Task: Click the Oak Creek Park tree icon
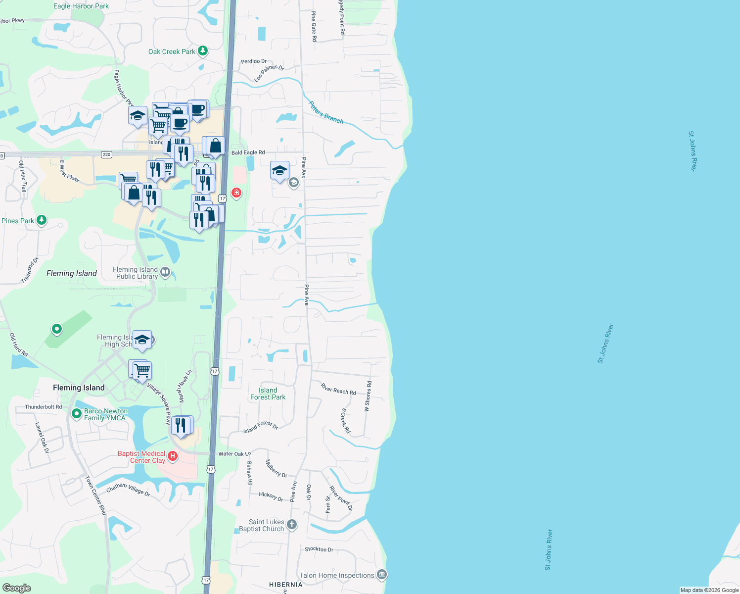coord(202,51)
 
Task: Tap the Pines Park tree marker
coord(42,220)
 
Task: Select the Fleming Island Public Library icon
coord(165,272)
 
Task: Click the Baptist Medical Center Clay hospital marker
coord(173,456)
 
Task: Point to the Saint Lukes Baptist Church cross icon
coord(292,525)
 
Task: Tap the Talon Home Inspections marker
coord(381,575)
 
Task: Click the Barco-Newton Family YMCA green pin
coord(77,413)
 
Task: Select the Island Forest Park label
coord(268,394)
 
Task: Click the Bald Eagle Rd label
coord(248,152)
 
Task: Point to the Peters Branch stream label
coord(326,112)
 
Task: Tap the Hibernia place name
coord(285,585)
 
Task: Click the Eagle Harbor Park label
coord(81,6)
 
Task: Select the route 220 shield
coord(106,154)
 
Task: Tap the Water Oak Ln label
coord(234,454)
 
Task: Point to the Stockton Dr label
coord(319,549)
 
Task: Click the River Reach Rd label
coord(338,389)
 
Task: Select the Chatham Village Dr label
coord(128,489)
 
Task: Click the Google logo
coord(16,588)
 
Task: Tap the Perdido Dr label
coord(254,61)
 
